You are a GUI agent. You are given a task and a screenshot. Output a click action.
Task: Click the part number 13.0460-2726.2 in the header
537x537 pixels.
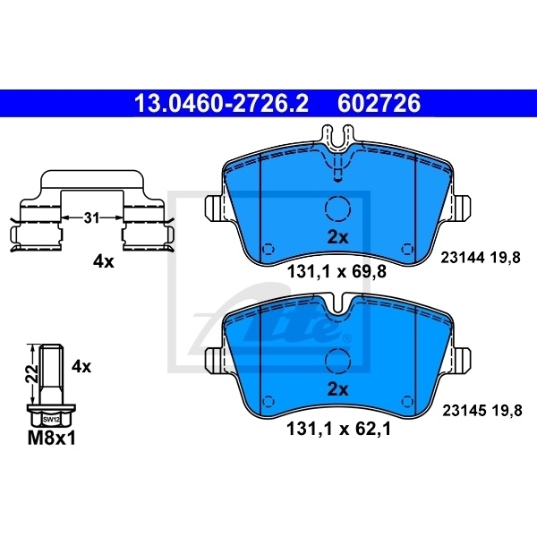[x=221, y=105]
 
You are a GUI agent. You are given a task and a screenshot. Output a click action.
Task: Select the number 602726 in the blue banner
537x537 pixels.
[x=378, y=105]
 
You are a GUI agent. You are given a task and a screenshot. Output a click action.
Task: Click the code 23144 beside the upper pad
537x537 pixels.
[x=462, y=258]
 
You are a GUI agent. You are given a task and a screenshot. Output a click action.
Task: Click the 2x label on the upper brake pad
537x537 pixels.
[x=337, y=237]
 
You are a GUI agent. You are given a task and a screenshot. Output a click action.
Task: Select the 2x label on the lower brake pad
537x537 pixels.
[x=337, y=389]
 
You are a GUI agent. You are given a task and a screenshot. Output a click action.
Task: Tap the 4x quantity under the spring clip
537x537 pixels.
[x=104, y=261]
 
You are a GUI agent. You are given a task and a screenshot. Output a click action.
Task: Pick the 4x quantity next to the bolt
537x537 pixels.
[x=81, y=366]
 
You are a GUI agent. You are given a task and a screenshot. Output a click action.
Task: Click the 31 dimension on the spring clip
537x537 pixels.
[x=92, y=217]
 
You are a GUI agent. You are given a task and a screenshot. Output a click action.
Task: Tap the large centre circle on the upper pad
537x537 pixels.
[x=337, y=209]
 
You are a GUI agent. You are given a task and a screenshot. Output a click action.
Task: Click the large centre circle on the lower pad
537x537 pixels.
[x=337, y=361]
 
